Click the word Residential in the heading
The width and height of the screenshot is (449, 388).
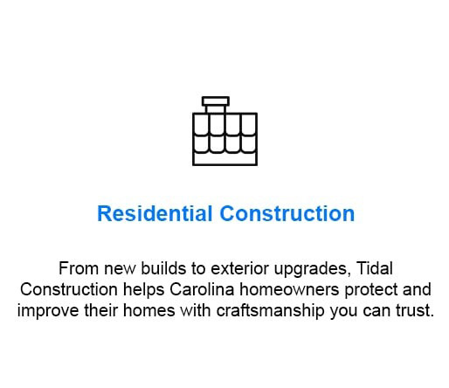155,213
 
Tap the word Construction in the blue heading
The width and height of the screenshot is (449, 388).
287,213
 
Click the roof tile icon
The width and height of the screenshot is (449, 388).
224,131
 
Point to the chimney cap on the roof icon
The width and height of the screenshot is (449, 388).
216,101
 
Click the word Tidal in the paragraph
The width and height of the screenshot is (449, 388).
375,268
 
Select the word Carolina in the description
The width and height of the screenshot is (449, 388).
202,289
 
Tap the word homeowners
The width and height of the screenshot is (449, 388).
289,289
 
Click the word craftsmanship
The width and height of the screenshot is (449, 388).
270,310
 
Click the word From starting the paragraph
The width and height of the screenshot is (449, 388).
79,268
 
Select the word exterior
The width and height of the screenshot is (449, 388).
239,268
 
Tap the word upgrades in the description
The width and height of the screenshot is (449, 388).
312,269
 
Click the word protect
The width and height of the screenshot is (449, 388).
370,290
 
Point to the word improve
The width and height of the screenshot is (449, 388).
48,311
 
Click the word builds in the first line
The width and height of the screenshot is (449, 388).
163,268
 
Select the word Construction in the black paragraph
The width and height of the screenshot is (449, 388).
69,289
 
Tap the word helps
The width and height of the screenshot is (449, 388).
143,290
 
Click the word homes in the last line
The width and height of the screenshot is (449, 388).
149,310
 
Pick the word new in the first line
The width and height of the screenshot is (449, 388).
120,269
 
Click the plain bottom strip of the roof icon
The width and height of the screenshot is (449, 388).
224,159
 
